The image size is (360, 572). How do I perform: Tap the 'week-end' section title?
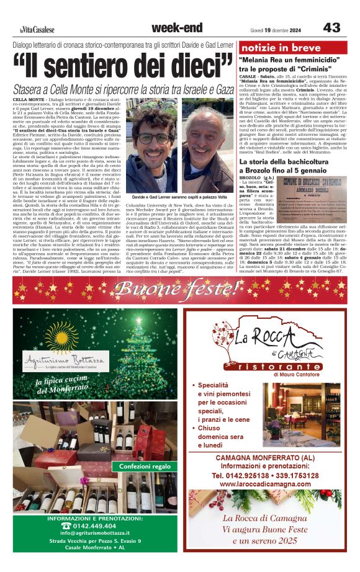point(176,28)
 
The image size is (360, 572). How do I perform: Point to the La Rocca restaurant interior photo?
point(301,413)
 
